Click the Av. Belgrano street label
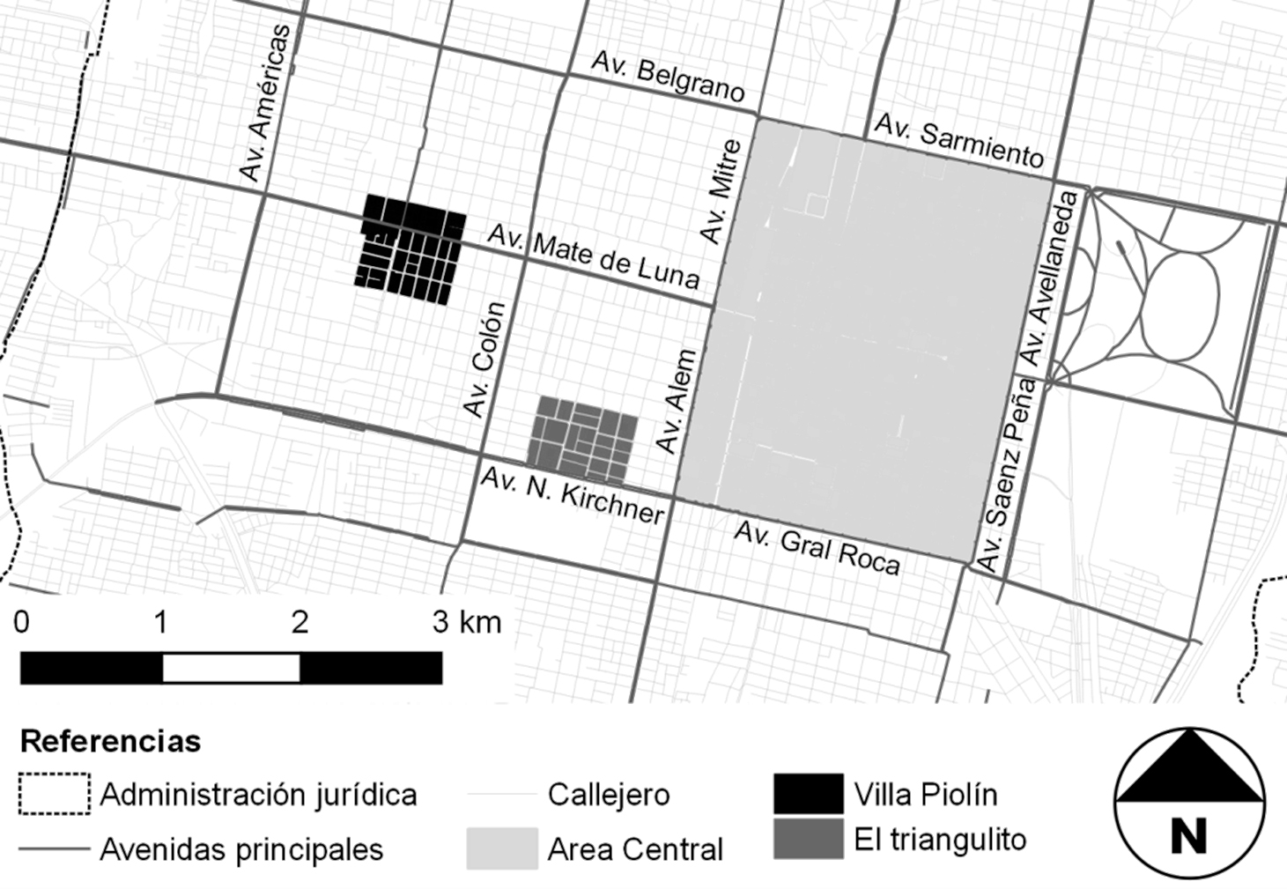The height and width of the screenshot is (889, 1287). [x=668, y=78]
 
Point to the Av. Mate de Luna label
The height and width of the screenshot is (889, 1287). [x=594, y=256]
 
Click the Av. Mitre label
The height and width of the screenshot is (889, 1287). [x=721, y=191]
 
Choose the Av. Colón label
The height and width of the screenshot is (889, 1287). [x=485, y=359]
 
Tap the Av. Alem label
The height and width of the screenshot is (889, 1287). [x=677, y=402]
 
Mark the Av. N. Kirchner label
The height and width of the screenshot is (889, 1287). [x=572, y=494]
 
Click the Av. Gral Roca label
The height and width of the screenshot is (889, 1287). [x=817, y=548]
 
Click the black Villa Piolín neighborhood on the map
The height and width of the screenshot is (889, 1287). [x=411, y=249]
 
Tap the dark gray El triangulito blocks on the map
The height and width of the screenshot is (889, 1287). [x=582, y=439]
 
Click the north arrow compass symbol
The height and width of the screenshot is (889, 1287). [x=1188, y=803]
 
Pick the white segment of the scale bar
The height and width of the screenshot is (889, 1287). [x=231, y=668]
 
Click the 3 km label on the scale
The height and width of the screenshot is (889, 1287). [x=467, y=622]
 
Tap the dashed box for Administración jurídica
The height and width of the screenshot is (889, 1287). [x=54, y=794]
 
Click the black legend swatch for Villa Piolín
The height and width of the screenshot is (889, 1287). [x=808, y=794]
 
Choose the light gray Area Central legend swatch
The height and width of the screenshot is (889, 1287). [x=502, y=848]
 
